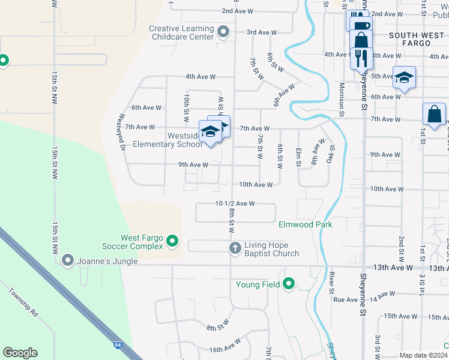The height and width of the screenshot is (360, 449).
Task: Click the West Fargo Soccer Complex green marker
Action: pos(173,241)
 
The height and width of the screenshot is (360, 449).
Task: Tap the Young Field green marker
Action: pos(289,284)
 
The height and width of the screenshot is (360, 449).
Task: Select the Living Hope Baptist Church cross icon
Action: pos(235,248)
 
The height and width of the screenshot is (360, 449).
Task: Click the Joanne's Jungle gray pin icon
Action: pos(67,260)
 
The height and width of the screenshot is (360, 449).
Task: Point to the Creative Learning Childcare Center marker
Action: pos(224,32)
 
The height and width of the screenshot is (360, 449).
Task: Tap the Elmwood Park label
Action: pos(306,224)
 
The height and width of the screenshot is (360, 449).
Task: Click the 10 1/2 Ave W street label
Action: pos(235,203)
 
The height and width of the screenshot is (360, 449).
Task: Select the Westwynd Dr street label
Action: pos(122,131)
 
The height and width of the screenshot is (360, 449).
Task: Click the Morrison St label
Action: pos(341,99)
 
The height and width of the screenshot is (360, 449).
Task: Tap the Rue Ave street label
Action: pos(345,299)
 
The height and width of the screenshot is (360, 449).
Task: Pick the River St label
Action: pos(332,283)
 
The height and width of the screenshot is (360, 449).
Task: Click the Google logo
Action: pos(20,353)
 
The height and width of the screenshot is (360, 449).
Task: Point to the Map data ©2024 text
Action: pos(423,355)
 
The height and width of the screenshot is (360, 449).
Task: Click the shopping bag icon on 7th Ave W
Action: pos(434,113)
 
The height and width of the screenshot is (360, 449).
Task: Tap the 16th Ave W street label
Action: pos(225,345)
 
